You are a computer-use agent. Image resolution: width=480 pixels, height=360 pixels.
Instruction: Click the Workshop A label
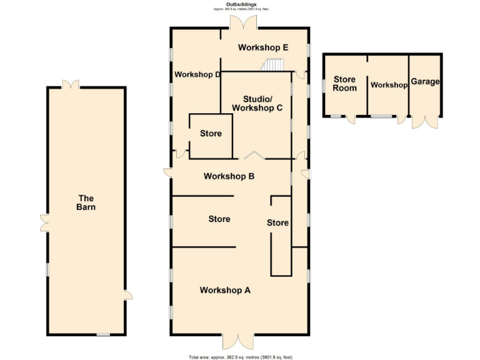click(225, 290)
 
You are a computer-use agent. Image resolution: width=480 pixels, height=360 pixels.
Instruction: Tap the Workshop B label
click(229, 176)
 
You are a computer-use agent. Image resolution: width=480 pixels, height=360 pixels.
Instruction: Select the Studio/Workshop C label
click(257, 104)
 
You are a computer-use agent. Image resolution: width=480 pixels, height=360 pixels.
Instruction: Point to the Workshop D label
click(197, 75)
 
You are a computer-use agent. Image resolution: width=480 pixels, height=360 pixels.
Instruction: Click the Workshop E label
click(263, 47)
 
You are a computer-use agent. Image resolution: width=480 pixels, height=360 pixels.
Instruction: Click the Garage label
click(426, 82)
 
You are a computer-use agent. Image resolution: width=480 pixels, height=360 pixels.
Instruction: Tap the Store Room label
click(344, 84)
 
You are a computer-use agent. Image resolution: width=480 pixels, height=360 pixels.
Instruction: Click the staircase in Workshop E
click(272, 65)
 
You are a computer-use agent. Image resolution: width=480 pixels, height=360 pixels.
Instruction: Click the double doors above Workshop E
click(242, 22)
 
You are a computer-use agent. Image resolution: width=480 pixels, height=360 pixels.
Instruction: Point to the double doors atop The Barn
click(70, 83)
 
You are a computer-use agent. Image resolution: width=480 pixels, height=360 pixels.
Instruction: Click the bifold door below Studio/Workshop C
click(253, 156)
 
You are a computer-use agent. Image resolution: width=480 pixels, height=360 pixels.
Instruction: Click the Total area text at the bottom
click(241, 357)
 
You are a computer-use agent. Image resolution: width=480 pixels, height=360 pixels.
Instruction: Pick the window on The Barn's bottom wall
click(103, 335)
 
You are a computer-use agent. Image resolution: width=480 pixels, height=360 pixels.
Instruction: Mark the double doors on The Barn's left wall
click(44, 222)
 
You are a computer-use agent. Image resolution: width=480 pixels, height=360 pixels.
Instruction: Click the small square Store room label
click(211, 134)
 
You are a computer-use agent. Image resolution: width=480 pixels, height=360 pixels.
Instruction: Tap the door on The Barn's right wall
click(127, 295)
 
